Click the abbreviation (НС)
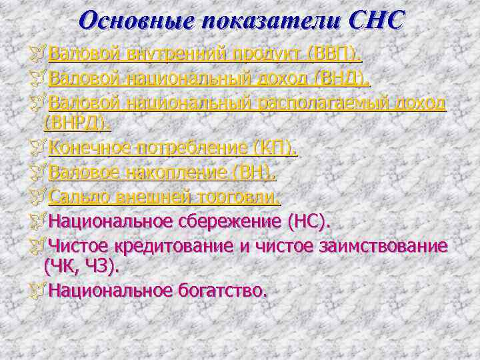308,220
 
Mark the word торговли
239,197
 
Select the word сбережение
227,220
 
